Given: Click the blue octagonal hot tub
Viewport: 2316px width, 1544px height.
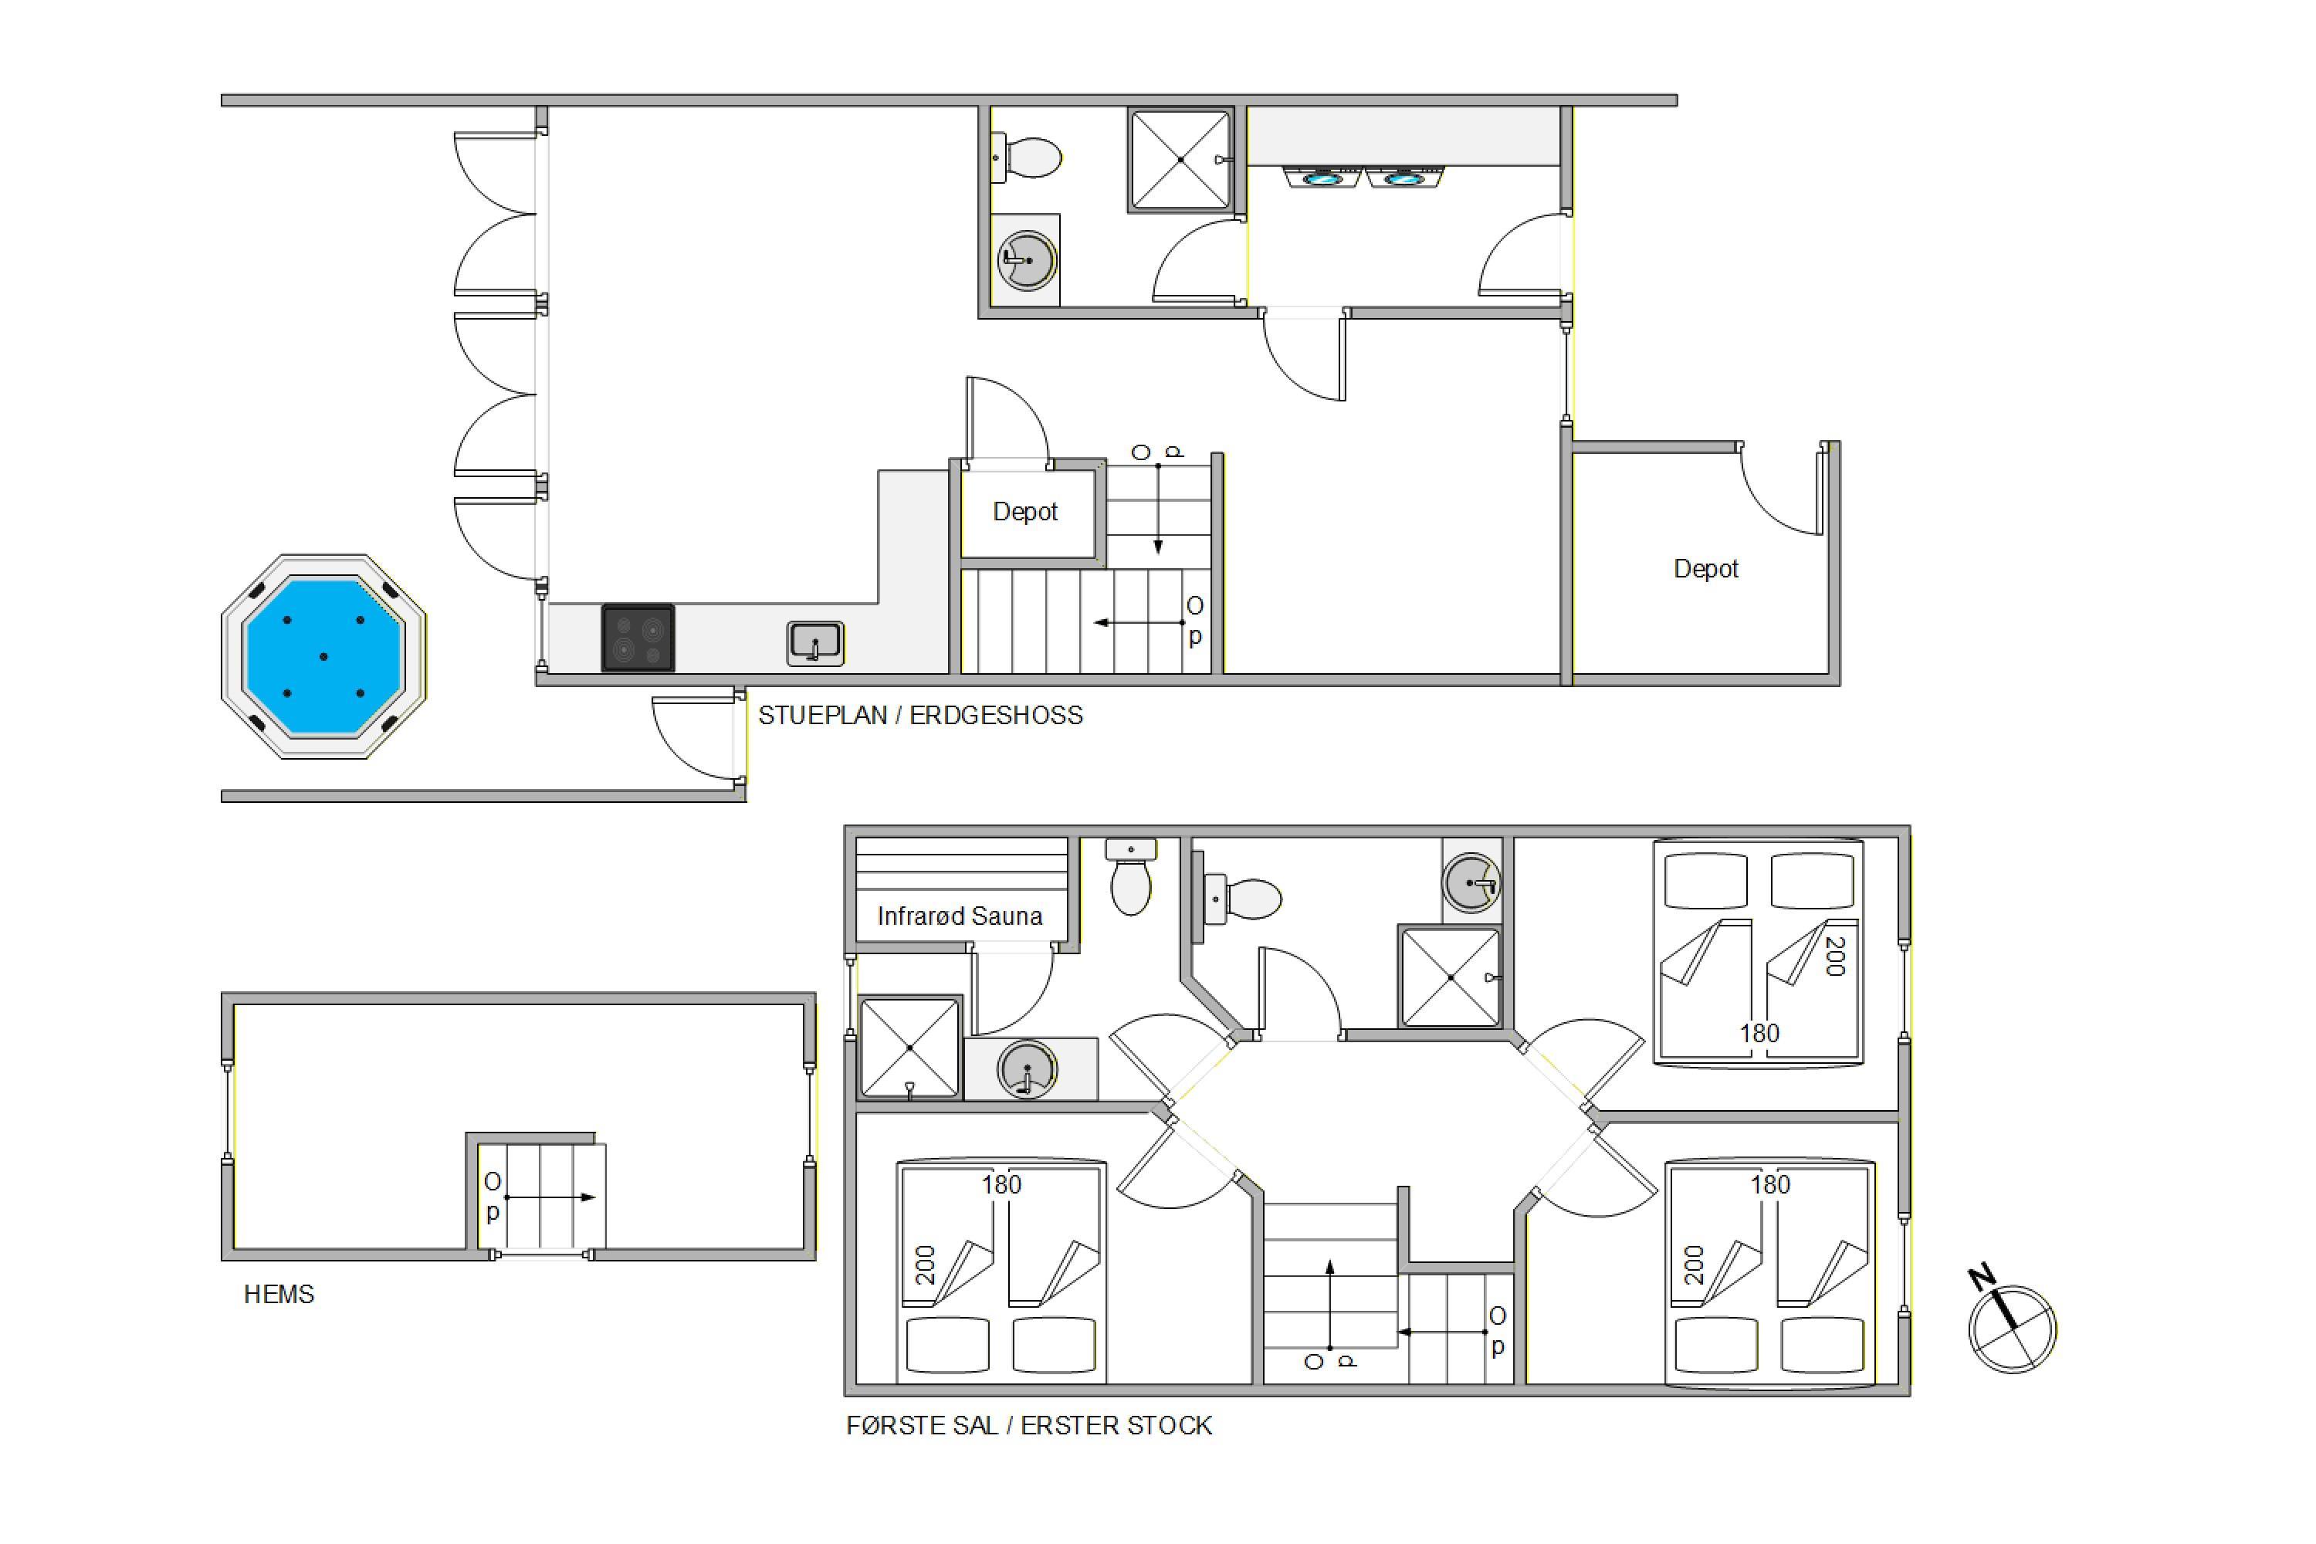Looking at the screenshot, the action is click(324, 655).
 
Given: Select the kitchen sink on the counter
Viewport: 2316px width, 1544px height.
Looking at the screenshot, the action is click(815, 644).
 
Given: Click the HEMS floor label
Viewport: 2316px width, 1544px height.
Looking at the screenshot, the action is click(279, 1294).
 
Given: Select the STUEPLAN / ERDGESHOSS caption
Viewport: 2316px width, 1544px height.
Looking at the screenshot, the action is click(919, 715).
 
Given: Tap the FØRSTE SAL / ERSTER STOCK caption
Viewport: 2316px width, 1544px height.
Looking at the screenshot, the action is click(1029, 1425).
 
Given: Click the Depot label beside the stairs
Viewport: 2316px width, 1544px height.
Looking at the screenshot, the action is click(1025, 512).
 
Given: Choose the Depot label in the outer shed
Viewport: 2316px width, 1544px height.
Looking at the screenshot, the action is click(1705, 569).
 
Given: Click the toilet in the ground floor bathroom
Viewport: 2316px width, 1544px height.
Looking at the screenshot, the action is click(1026, 157).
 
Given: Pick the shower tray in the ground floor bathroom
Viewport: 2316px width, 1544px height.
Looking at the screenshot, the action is click(1180, 160).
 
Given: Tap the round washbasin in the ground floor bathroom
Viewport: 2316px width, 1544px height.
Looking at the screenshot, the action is click(1027, 261).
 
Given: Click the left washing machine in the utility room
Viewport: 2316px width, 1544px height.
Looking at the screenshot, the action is click(1322, 178).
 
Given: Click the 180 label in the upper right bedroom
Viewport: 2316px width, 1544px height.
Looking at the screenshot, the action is click(1759, 1033).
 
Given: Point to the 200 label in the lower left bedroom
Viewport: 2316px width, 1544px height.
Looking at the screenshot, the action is click(925, 1265).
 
